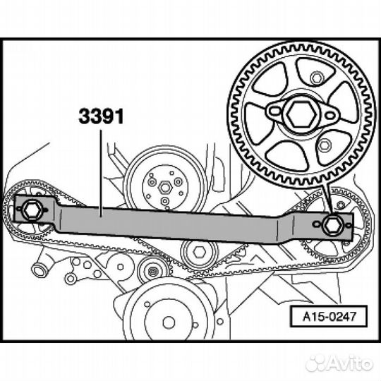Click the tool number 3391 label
point(101,116)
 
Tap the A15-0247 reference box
point(329,316)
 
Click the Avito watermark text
point(339,363)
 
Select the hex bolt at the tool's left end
point(31,210)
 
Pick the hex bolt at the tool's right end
point(332,225)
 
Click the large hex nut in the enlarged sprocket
point(301,114)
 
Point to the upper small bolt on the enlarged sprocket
point(316,78)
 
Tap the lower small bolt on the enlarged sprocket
point(324,145)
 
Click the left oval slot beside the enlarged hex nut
point(275,111)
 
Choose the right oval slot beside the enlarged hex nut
point(329,116)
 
